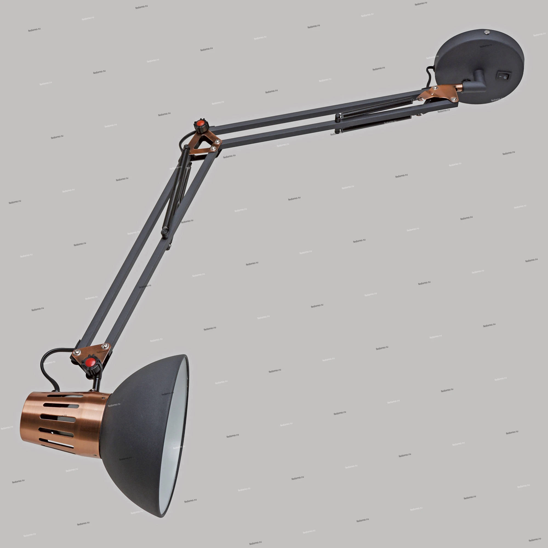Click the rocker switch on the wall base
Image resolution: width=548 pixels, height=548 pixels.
point(504,76)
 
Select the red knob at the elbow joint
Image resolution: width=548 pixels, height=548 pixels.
point(201,124)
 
